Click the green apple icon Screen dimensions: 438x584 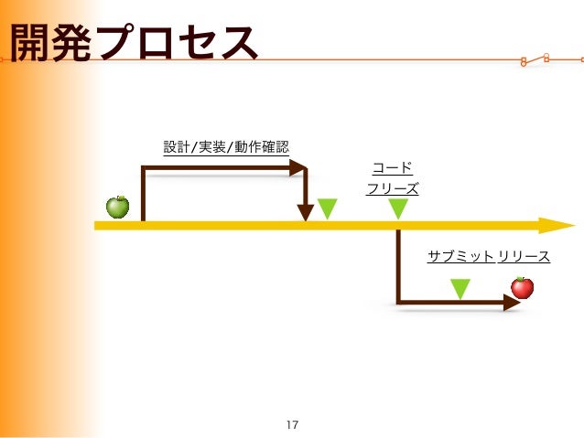tap(118, 207)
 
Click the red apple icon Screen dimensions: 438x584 tap(522, 287)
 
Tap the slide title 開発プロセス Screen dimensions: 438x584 tap(132, 43)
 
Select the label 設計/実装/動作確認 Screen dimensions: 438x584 tap(226, 146)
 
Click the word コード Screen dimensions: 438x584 tap(392, 168)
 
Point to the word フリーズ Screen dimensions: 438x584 tap(392, 189)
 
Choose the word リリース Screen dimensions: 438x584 tap(525, 257)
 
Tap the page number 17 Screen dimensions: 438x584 tap(292, 424)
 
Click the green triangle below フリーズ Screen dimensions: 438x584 tap(397, 209)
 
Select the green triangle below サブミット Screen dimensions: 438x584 tap(460, 289)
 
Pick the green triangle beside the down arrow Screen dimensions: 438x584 tap(327, 209)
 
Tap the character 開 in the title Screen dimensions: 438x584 tap(27, 43)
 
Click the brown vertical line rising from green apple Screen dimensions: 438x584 tap(143, 194)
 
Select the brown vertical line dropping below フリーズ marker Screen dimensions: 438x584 tap(397, 265)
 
